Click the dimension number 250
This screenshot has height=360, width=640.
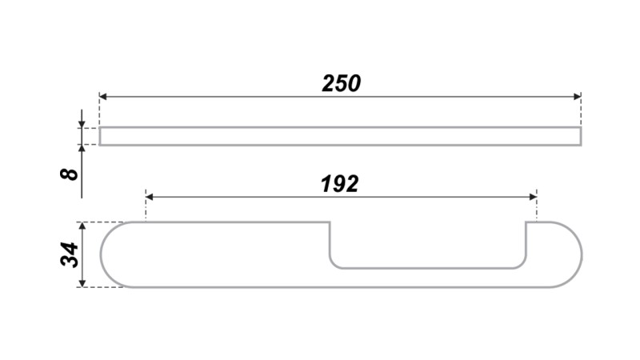[x=342, y=83]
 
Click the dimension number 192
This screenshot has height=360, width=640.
[x=339, y=184]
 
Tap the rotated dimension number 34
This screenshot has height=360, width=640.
[x=70, y=254]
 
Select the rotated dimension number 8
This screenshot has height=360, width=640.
[x=69, y=174]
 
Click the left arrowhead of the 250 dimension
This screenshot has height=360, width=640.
[x=103, y=97]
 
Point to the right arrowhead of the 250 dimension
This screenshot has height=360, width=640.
[x=577, y=97]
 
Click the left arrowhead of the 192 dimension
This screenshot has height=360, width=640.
[x=150, y=197]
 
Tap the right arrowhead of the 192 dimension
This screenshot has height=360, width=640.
[x=533, y=197]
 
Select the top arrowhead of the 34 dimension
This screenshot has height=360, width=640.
[x=82, y=226]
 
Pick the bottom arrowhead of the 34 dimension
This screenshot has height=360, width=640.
[x=82, y=283]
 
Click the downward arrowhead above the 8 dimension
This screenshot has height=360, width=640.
[x=82, y=124]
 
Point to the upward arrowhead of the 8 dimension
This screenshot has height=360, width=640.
[x=82, y=149]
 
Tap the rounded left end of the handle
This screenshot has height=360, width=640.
[x=101, y=254]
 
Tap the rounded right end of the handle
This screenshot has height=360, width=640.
[x=582, y=254]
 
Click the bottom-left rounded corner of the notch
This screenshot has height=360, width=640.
[x=333, y=265]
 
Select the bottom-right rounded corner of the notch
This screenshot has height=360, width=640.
[x=522, y=265]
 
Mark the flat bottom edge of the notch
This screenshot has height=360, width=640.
[x=428, y=268]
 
